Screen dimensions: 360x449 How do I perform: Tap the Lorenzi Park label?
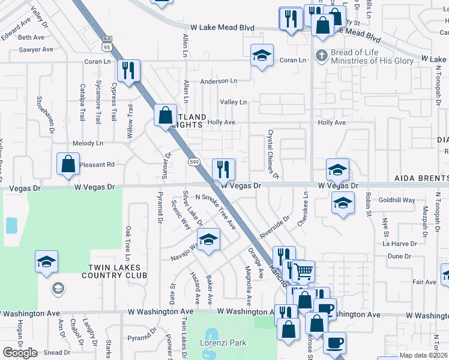[223, 343]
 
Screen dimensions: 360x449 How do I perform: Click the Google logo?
[20, 353]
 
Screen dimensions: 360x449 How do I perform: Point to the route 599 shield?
[194, 162]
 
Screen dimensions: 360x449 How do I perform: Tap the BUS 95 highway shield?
[106, 43]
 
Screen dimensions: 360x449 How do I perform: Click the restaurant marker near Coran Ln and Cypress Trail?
[129, 71]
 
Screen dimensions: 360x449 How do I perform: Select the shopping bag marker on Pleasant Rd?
[68, 164]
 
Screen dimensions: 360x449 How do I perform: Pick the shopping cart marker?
[303, 271]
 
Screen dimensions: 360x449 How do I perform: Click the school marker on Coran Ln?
[262, 55]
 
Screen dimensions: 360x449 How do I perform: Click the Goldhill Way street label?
[397, 200]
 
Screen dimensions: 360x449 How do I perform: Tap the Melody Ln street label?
[88, 143]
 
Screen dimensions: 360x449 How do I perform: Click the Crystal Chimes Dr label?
[274, 154]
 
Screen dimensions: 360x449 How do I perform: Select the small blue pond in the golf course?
[11, 226]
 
